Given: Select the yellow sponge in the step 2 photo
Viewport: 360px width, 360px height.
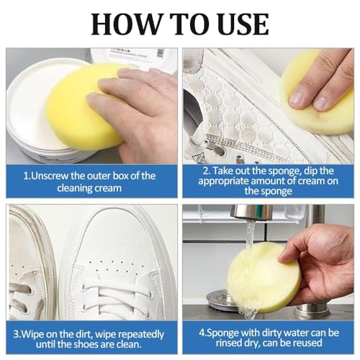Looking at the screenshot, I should (317, 90).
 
